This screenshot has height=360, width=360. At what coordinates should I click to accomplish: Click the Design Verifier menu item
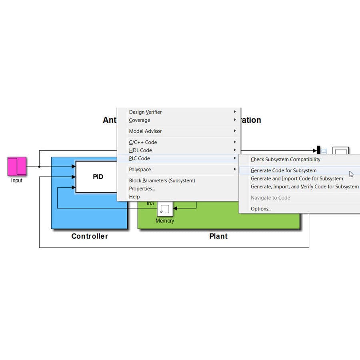point(145,112)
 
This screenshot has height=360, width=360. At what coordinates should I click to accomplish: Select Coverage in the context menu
point(140,120)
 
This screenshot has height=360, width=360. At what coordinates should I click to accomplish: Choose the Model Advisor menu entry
point(145,131)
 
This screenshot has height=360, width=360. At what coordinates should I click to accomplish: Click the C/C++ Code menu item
point(143,142)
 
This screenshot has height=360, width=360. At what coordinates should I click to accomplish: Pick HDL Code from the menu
point(140,150)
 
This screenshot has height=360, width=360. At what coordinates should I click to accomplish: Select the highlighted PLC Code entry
point(139,158)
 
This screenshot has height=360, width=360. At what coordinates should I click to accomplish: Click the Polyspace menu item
point(140,170)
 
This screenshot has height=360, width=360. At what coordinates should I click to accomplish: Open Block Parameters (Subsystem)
point(162,180)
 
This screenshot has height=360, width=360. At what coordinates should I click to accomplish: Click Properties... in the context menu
point(142,188)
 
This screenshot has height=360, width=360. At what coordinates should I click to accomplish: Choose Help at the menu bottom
point(134,196)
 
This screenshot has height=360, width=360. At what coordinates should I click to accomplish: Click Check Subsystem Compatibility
point(285,159)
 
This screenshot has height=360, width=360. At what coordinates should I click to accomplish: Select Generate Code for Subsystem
point(283,170)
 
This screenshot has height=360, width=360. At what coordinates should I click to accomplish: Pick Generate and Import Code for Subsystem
point(297,178)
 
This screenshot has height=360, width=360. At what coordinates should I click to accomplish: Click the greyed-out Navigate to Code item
point(270,198)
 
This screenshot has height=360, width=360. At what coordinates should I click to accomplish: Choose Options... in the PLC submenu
point(261,208)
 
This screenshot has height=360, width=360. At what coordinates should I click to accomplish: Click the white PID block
point(98,176)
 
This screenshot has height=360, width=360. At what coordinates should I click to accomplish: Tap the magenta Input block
point(17,166)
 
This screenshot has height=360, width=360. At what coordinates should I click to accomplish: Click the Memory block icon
point(165,209)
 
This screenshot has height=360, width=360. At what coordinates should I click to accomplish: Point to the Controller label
point(90,236)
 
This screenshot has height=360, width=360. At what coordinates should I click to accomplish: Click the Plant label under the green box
point(218,236)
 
